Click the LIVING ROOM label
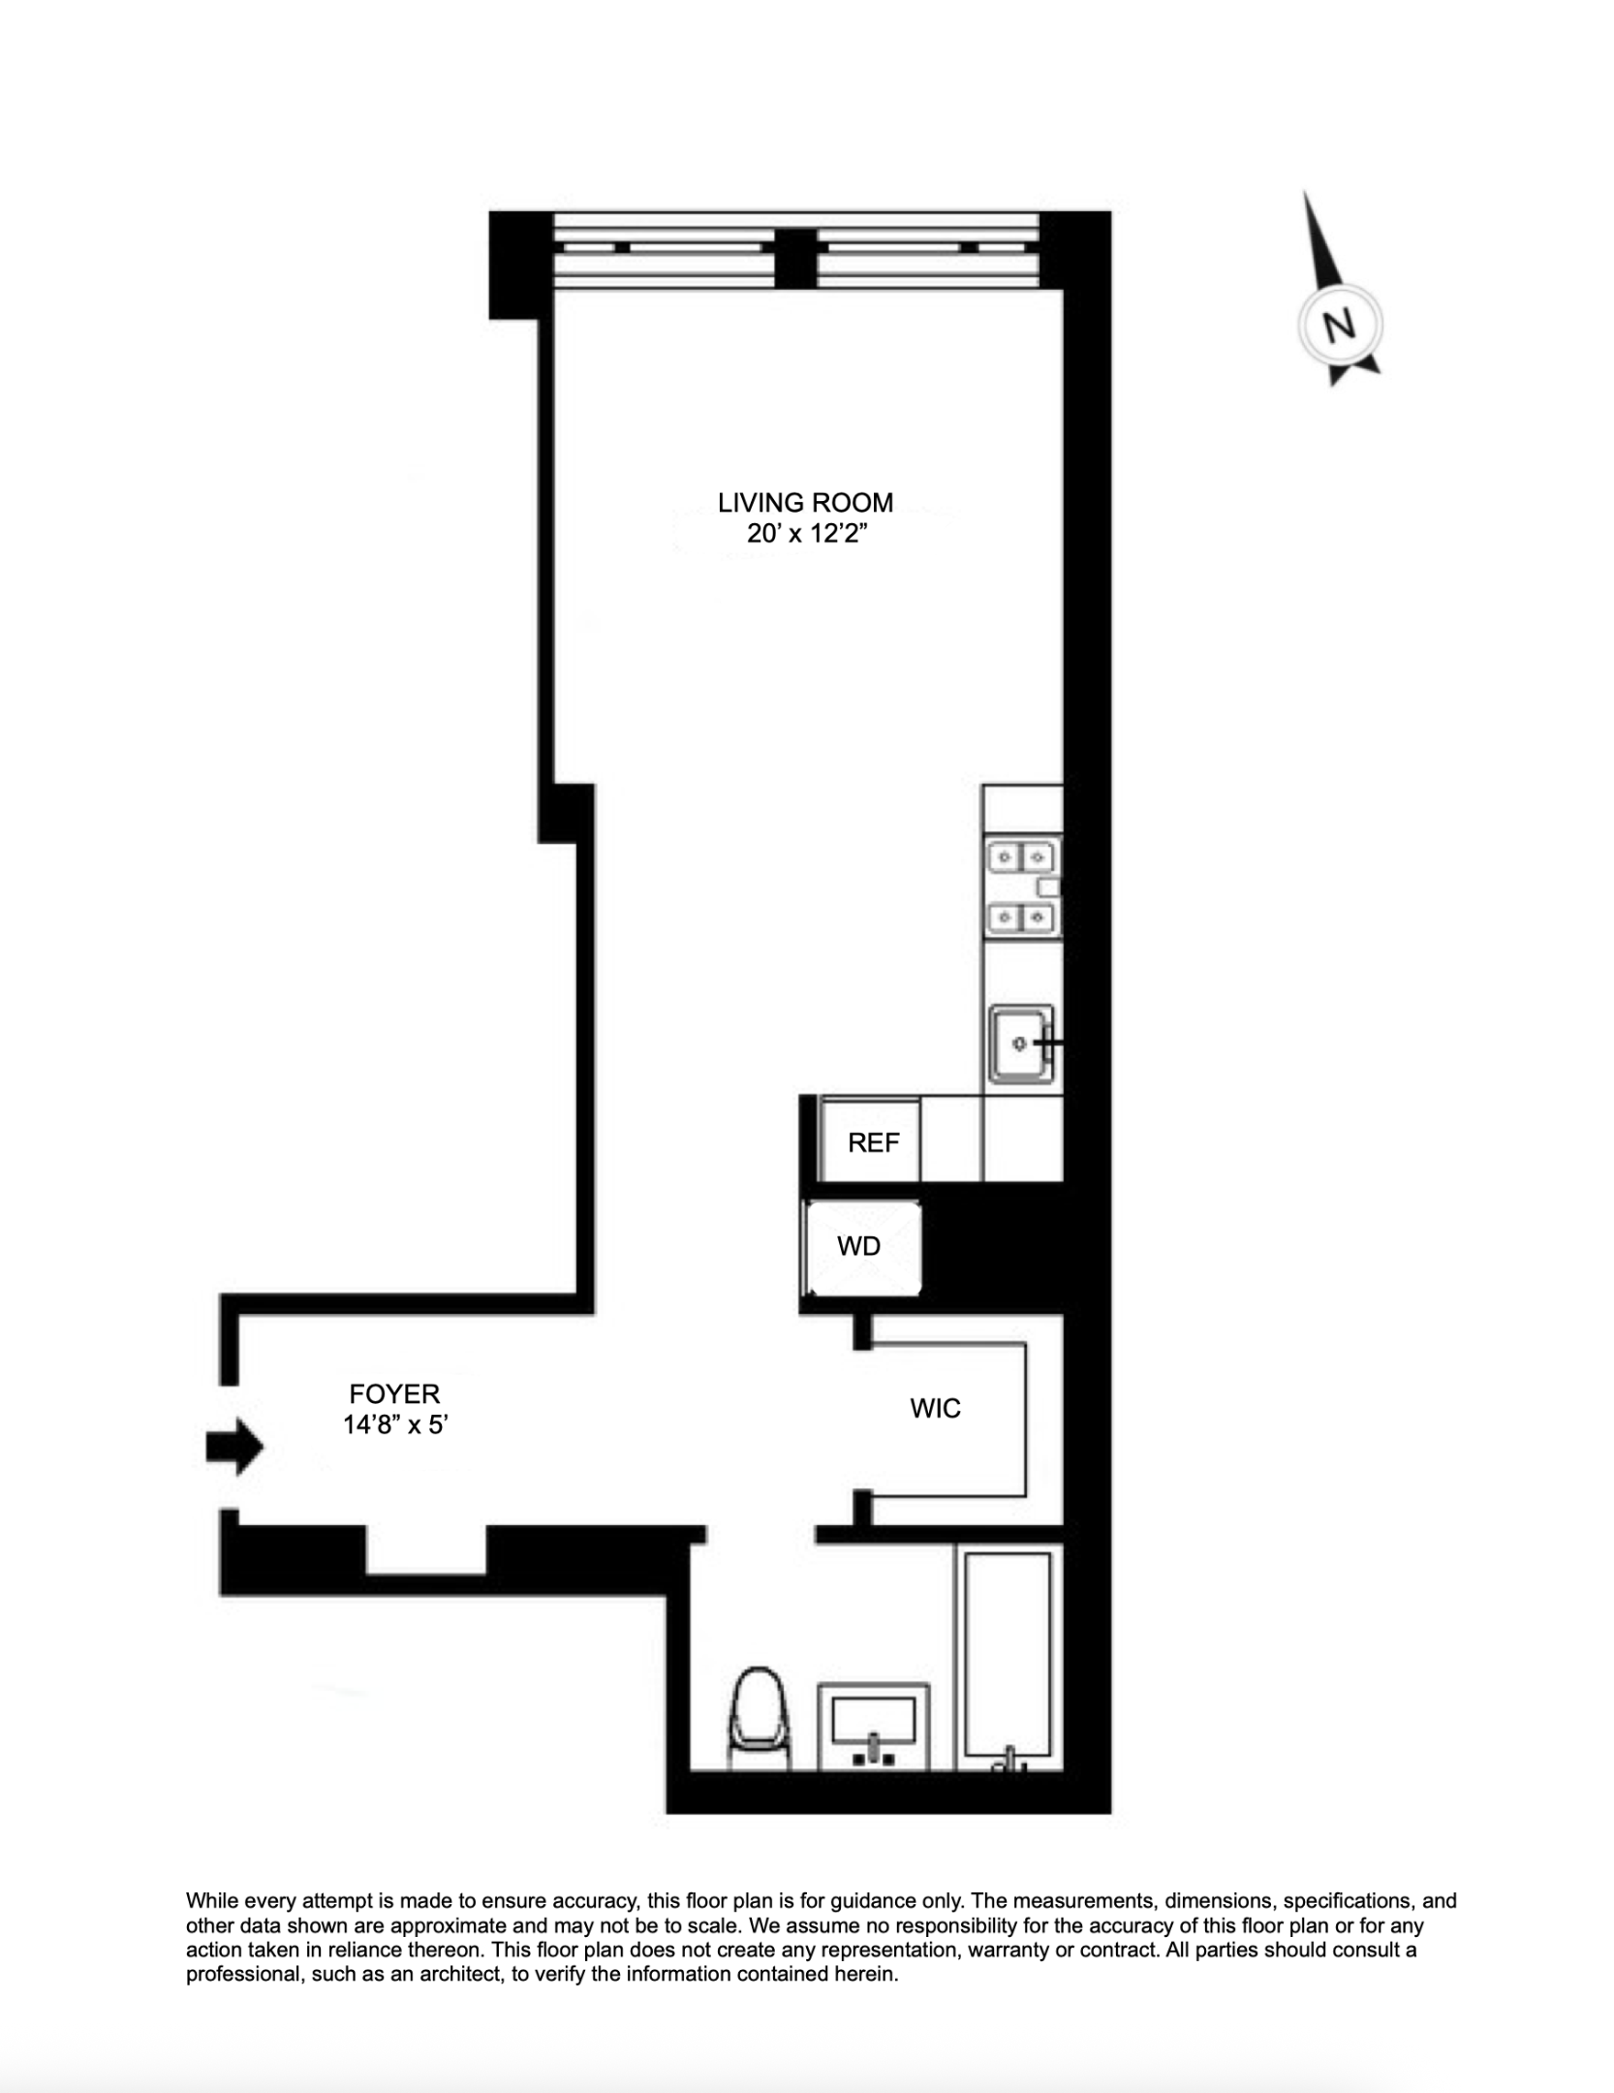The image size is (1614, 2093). [805, 503]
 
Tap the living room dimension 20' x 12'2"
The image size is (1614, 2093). [805, 534]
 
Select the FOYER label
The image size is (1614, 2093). [394, 1394]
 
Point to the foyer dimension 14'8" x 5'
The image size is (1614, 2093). [395, 1425]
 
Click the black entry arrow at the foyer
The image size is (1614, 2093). [233, 1448]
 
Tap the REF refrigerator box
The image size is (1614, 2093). [870, 1142]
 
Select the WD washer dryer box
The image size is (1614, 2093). [861, 1247]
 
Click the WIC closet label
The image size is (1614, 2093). [935, 1409]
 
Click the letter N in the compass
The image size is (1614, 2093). [1339, 327]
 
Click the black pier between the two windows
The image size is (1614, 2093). [795, 259]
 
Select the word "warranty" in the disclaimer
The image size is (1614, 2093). [1009, 1950]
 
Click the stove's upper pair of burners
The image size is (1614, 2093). [1022, 858]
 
